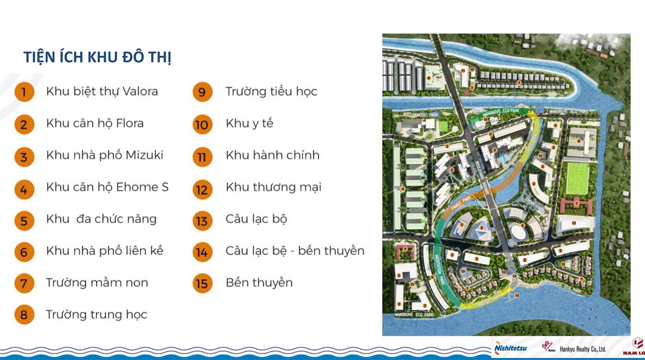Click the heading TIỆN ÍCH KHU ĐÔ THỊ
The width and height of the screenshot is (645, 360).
point(97,57)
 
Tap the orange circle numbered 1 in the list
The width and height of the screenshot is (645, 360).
point(24,91)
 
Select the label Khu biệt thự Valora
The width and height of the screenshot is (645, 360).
point(102,91)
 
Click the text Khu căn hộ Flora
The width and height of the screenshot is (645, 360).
point(95,123)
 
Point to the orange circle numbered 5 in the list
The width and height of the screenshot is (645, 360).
point(24,219)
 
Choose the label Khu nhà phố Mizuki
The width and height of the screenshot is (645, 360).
point(105,155)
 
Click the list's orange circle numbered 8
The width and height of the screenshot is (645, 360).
point(24,315)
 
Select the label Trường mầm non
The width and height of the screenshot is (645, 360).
point(97,283)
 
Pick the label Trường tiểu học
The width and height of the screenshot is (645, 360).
point(271,91)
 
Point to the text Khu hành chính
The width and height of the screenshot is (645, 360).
point(273,155)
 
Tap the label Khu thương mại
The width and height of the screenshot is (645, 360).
point(274,187)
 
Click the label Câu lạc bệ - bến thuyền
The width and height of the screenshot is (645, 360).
point(295,250)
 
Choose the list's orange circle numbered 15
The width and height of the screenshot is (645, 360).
point(202,283)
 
